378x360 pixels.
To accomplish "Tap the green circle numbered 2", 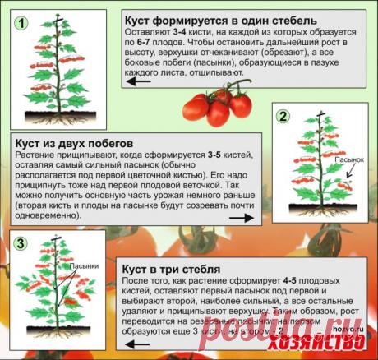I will click(283, 116).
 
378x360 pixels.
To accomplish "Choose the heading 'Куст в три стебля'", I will click(171, 269).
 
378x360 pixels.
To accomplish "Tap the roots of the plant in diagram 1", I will click(58, 107).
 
